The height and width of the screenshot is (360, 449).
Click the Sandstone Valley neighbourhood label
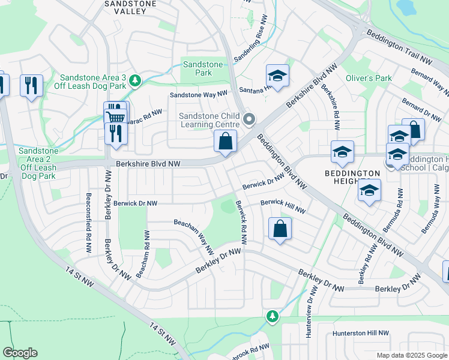coord(130,8)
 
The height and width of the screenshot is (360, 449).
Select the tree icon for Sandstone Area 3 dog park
coord(135,80)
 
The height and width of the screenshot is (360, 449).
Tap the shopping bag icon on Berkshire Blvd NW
coord(226,143)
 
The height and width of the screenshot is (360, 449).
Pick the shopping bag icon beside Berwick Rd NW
coord(280,229)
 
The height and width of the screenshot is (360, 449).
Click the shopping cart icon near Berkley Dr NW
coord(115,113)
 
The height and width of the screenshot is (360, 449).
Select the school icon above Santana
coord(277,76)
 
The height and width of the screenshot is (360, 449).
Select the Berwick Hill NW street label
coord(283,207)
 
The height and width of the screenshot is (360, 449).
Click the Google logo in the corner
coord(20,353)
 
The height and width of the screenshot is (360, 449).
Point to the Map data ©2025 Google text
coord(411,355)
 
